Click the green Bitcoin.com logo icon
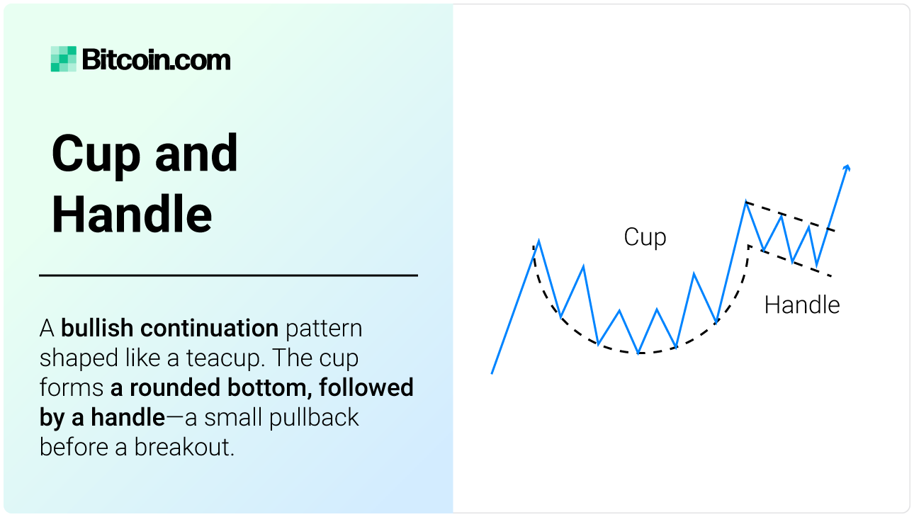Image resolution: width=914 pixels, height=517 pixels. (63, 59)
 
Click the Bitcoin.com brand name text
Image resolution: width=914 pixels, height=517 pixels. (156, 60)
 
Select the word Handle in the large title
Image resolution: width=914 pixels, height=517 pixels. (132, 215)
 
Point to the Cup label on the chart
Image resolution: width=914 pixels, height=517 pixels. (645, 237)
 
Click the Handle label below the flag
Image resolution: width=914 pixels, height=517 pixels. (801, 305)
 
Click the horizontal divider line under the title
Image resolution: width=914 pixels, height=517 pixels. (228, 275)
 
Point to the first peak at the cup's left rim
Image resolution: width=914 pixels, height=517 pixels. (538, 241)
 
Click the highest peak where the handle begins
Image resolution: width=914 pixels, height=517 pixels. (745, 203)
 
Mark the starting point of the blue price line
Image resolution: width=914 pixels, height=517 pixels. (492, 373)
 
